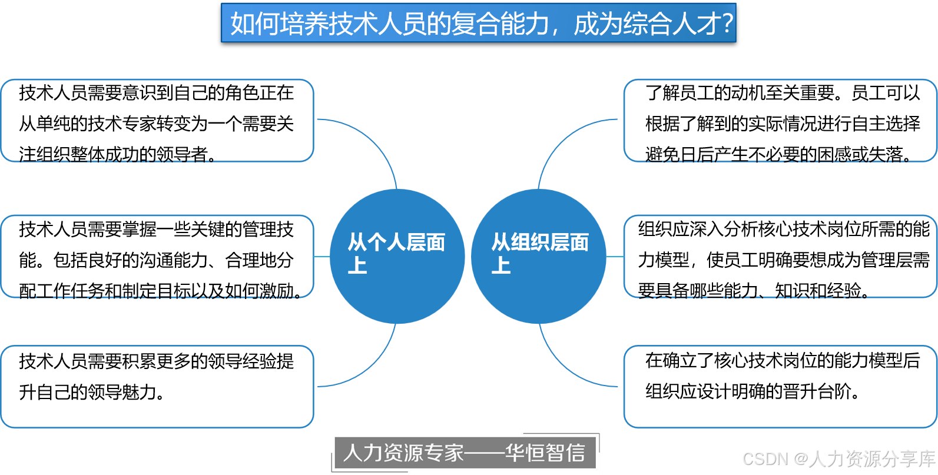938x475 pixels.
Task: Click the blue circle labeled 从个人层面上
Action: coord(397,257)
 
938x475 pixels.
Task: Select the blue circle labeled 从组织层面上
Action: coord(539,257)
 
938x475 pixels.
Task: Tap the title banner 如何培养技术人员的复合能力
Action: coord(478,23)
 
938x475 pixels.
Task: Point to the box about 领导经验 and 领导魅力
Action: coord(157,386)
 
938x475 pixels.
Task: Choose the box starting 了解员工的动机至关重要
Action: coord(780,121)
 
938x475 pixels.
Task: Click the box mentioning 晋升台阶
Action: coord(780,386)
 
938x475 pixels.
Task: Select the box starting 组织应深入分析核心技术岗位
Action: coord(780,257)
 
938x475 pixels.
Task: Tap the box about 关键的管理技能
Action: coord(157,257)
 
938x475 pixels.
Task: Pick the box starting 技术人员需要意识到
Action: coord(157,121)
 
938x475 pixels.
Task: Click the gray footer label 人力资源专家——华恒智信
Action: coord(464,453)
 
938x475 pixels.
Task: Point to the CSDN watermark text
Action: coord(837,458)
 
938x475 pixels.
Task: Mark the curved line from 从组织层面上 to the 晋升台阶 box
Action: coord(559,365)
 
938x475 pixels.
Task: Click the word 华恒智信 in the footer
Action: coord(545,453)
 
